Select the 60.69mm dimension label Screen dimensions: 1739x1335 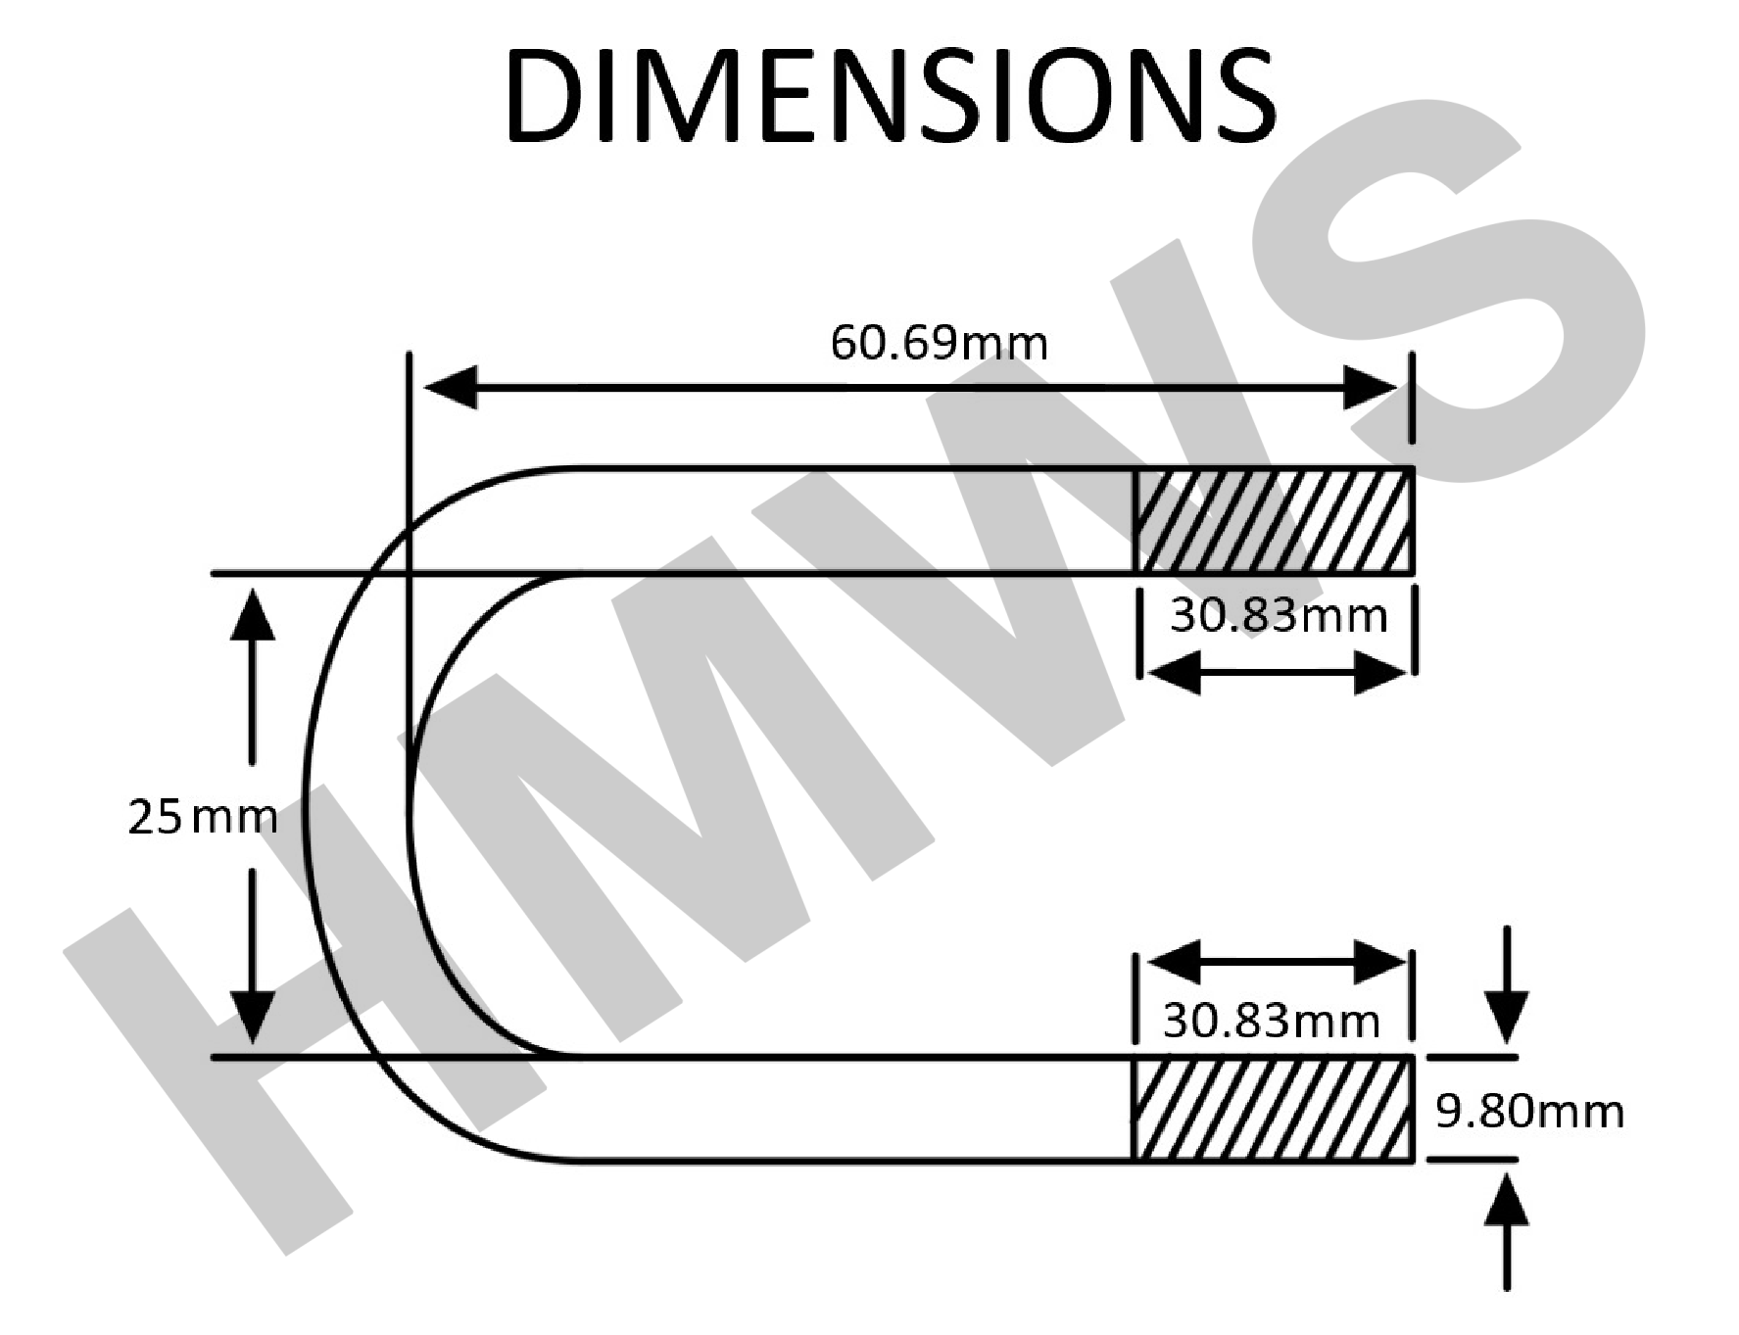point(939,343)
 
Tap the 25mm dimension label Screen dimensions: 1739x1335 point(203,816)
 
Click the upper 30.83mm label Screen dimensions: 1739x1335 point(1279,616)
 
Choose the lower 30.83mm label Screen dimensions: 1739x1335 point(1272,1022)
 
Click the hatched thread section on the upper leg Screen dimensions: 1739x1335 point(1274,520)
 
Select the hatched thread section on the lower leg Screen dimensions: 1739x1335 point(1274,1110)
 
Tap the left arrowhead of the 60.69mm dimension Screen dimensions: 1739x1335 point(450,388)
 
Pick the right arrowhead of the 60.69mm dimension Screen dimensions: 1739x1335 point(1371,388)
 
